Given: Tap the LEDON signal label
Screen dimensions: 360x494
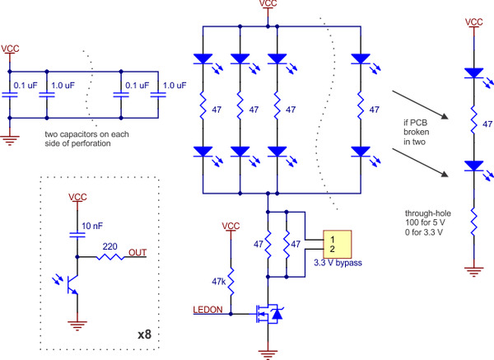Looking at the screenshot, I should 205,310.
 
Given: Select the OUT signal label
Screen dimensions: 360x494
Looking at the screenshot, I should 137,253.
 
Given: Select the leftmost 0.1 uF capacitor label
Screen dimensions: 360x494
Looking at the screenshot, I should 26,85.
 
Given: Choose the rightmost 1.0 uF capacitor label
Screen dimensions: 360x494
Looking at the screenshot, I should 175,85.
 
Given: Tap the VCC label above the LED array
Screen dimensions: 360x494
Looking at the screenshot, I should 268,5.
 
